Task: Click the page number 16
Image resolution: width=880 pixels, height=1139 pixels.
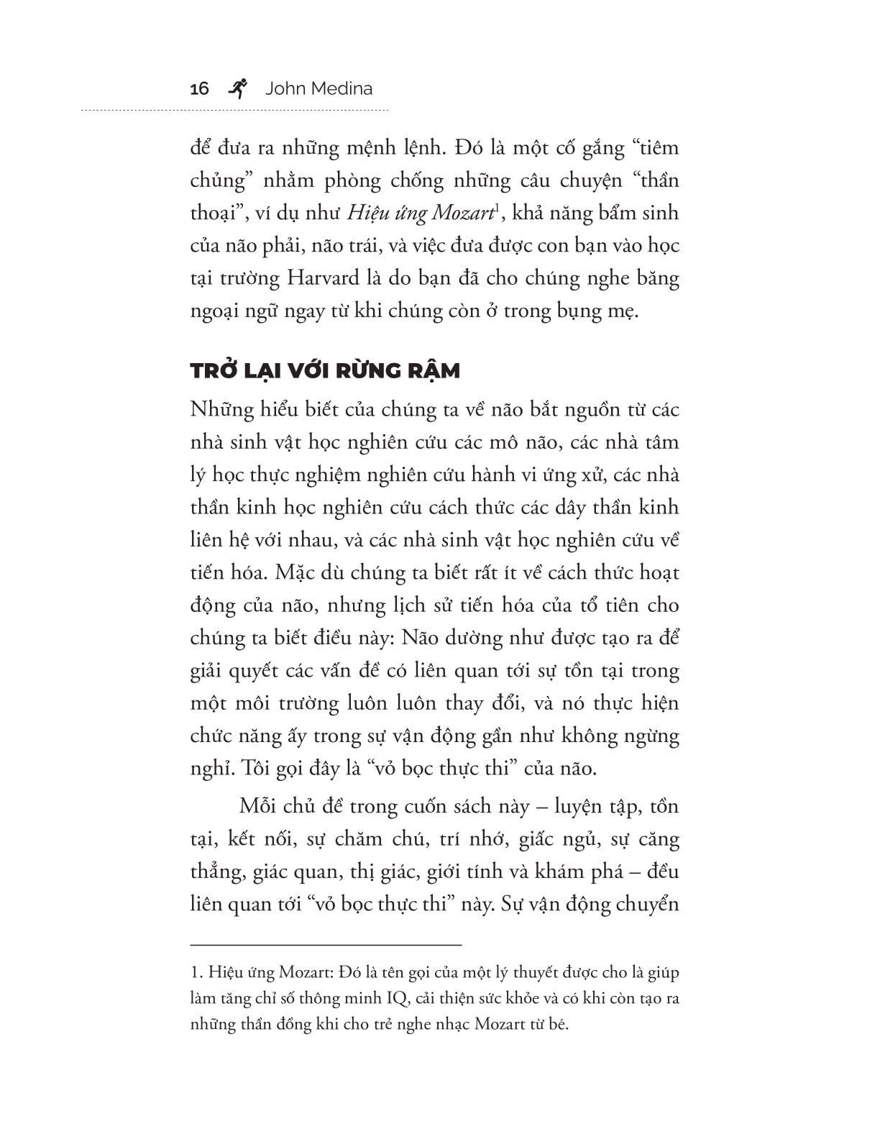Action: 199,88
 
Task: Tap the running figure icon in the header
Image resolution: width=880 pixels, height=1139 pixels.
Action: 237,88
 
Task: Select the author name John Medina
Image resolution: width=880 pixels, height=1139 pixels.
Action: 318,88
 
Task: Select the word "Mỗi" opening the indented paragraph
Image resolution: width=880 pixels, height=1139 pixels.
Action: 259,806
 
